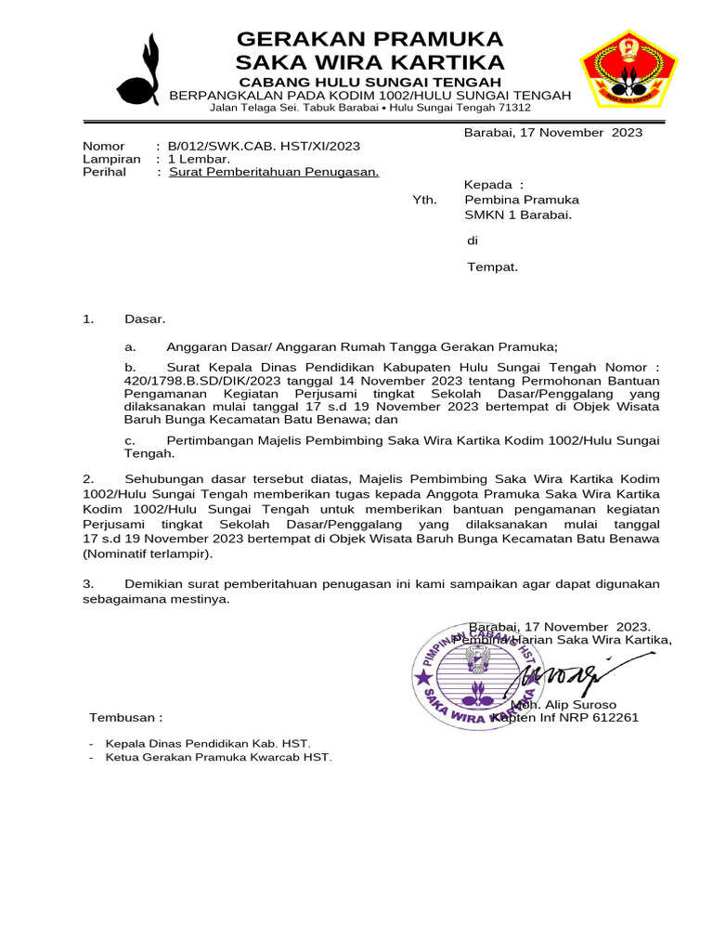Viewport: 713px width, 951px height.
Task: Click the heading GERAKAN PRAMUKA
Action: pyautogui.click(x=369, y=39)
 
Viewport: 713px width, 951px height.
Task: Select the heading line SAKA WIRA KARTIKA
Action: pyautogui.click(x=369, y=62)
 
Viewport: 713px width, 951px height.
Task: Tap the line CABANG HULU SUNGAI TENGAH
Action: pyautogui.click(x=369, y=84)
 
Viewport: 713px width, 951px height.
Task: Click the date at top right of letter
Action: pyautogui.click(x=553, y=133)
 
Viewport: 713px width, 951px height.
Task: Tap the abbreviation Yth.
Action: pyautogui.click(x=424, y=200)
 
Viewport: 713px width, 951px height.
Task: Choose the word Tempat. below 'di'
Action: pyautogui.click(x=492, y=267)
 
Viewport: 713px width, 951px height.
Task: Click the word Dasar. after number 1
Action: pyautogui.click(x=145, y=319)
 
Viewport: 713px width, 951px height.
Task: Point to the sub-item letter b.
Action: pyautogui.click(x=130, y=369)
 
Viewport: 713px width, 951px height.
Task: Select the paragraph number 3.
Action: pyautogui.click(x=88, y=584)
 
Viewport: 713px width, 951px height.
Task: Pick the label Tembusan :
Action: pyautogui.click(x=125, y=718)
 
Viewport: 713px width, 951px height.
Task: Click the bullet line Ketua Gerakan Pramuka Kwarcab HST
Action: pyautogui.click(x=218, y=757)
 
